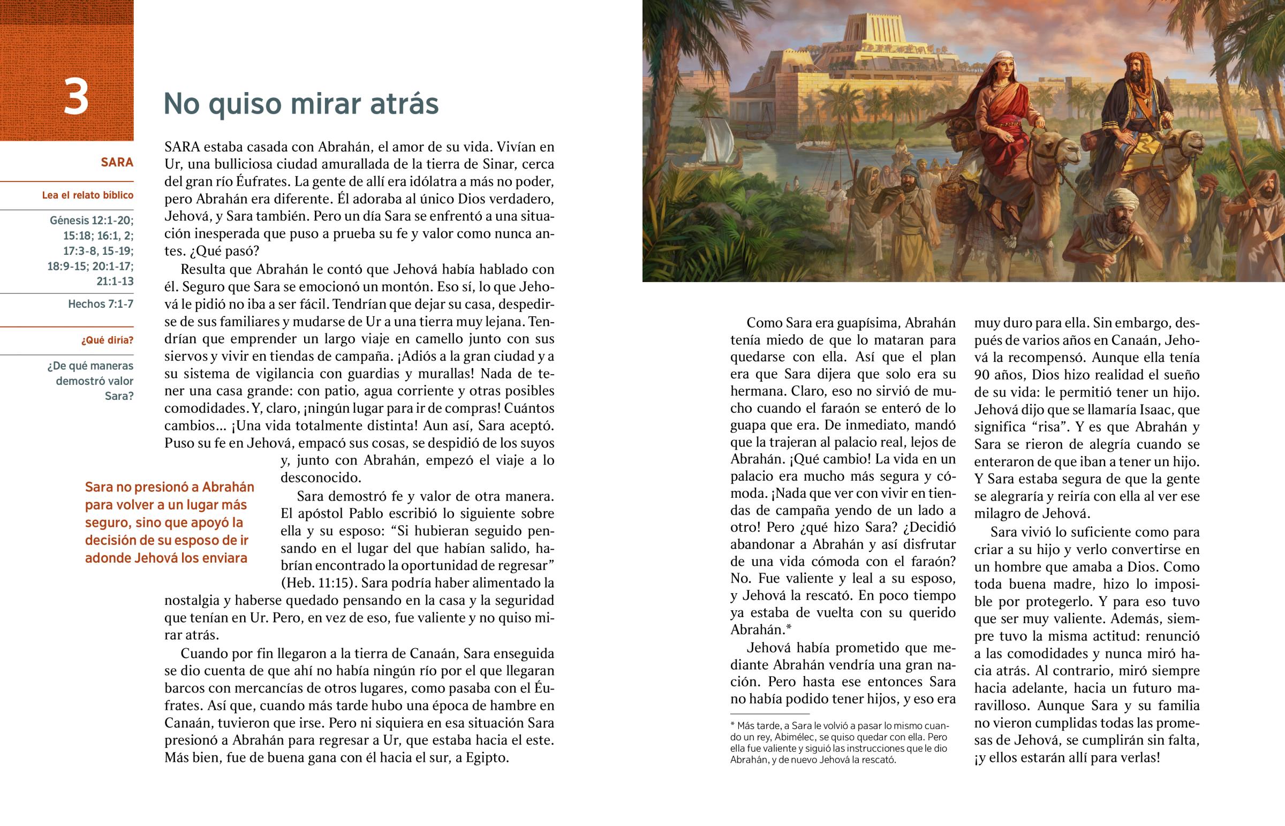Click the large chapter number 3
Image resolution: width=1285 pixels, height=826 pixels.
(x=75, y=97)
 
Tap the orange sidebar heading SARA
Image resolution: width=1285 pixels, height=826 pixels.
(x=117, y=163)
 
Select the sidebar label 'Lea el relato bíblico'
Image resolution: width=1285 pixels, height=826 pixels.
(x=87, y=195)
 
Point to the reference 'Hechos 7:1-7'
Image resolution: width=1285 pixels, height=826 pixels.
(x=100, y=304)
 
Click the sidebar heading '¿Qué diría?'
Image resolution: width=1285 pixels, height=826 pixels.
(x=107, y=340)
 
